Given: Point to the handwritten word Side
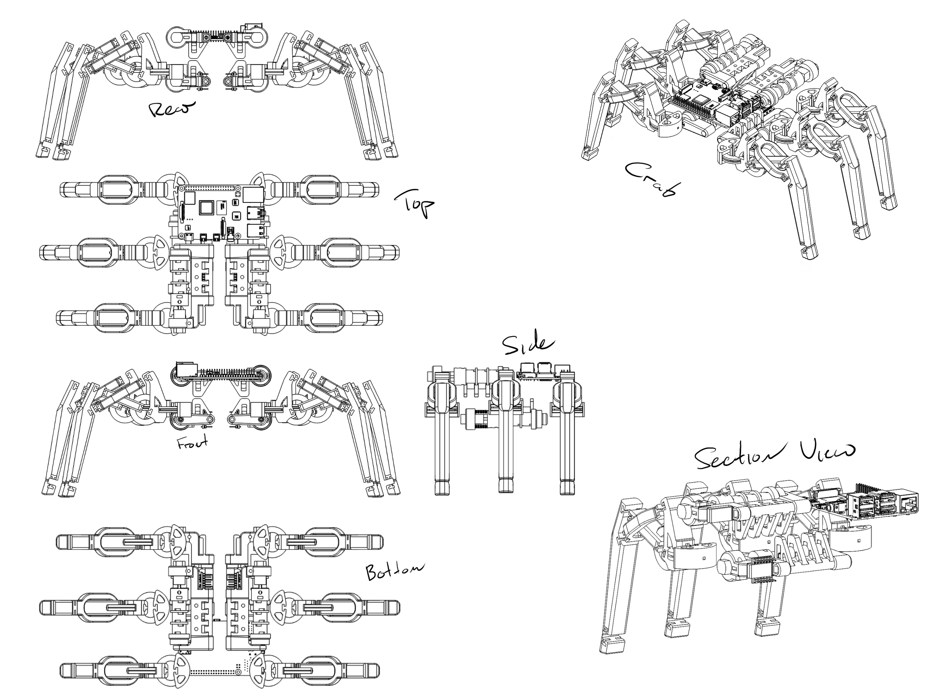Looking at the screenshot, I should click(528, 345).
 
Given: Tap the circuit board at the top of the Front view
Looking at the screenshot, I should click(221, 372).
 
